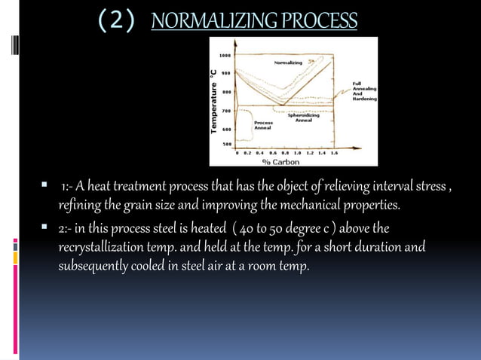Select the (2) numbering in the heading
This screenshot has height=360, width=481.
pyautogui.click(x=117, y=20)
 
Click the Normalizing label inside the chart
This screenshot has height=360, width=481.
pyautogui.click(x=289, y=63)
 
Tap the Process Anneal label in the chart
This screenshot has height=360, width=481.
pyautogui.click(x=263, y=124)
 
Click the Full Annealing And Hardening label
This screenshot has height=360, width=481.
pyautogui.click(x=364, y=91)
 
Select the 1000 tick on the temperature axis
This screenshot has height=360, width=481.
pyautogui.click(x=225, y=55)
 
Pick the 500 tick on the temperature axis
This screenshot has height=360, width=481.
pyautogui.click(x=225, y=144)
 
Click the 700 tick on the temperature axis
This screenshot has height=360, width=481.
pyautogui.click(x=225, y=111)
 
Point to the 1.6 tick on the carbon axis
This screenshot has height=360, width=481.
pyautogui.click(x=334, y=152)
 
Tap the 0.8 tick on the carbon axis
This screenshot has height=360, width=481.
pyautogui.click(x=285, y=152)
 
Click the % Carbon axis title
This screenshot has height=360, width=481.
pyautogui.click(x=280, y=161)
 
